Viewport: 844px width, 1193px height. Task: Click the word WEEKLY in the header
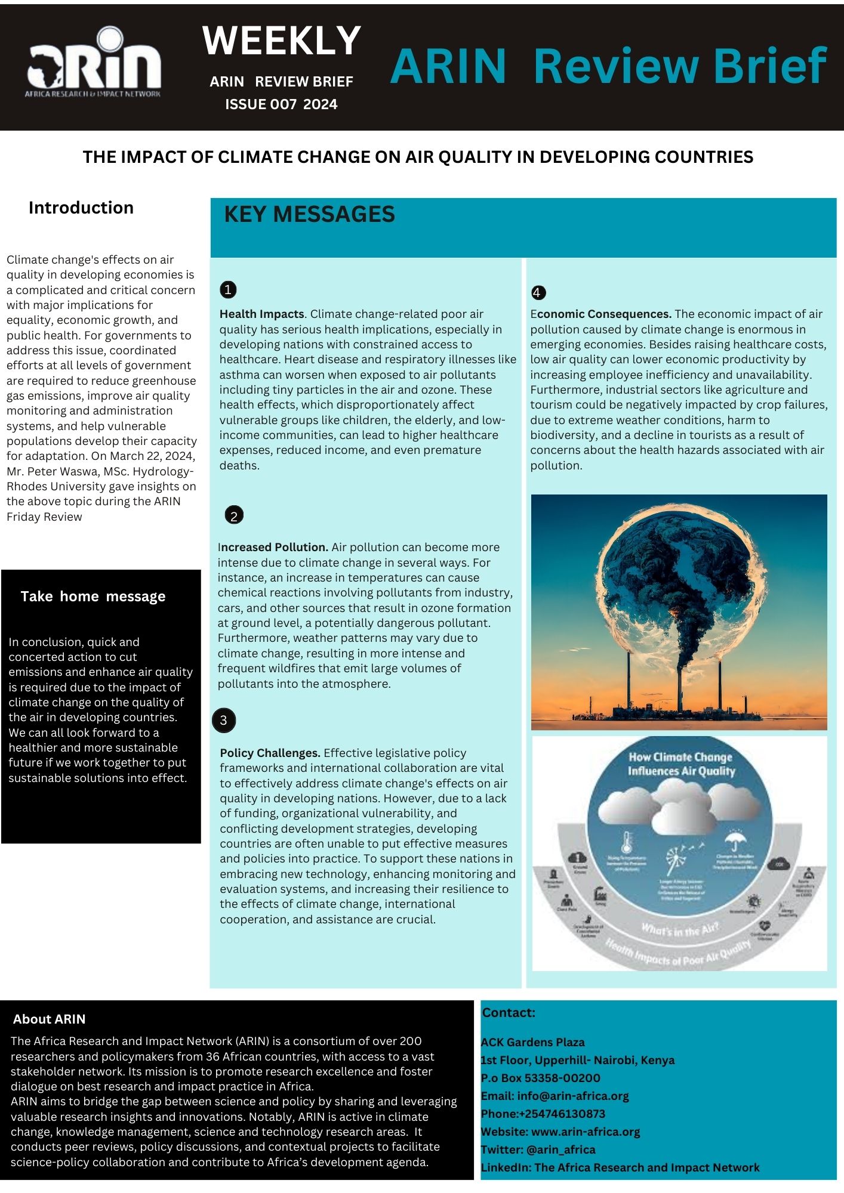click(x=281, y=41)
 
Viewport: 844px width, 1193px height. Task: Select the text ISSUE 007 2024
click(x=281, y=104)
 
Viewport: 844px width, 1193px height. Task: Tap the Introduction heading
click(x=81, y=208)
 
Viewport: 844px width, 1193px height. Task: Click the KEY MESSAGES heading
click(x=309, y=214)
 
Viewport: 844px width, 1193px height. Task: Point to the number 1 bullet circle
click(x=228, y=290)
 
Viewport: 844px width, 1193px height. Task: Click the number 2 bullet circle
click(x=233, y=515)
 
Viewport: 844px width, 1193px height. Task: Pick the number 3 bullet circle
click(x=224, y=720)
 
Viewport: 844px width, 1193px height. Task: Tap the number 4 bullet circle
click(x=538, y=292)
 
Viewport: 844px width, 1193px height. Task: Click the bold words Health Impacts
click(x=262, y=314)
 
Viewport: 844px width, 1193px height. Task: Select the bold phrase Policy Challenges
click(x=270, y=753)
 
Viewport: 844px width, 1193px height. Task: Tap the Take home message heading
click(x=93, y=596)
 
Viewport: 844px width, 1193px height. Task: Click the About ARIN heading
click(x=50, y=1019)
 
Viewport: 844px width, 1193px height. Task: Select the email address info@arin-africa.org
click(x=572, y=1096)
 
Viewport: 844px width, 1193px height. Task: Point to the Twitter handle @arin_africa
click(x=561, y=1149)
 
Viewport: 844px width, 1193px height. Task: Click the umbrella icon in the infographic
click(x=734, y=842)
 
